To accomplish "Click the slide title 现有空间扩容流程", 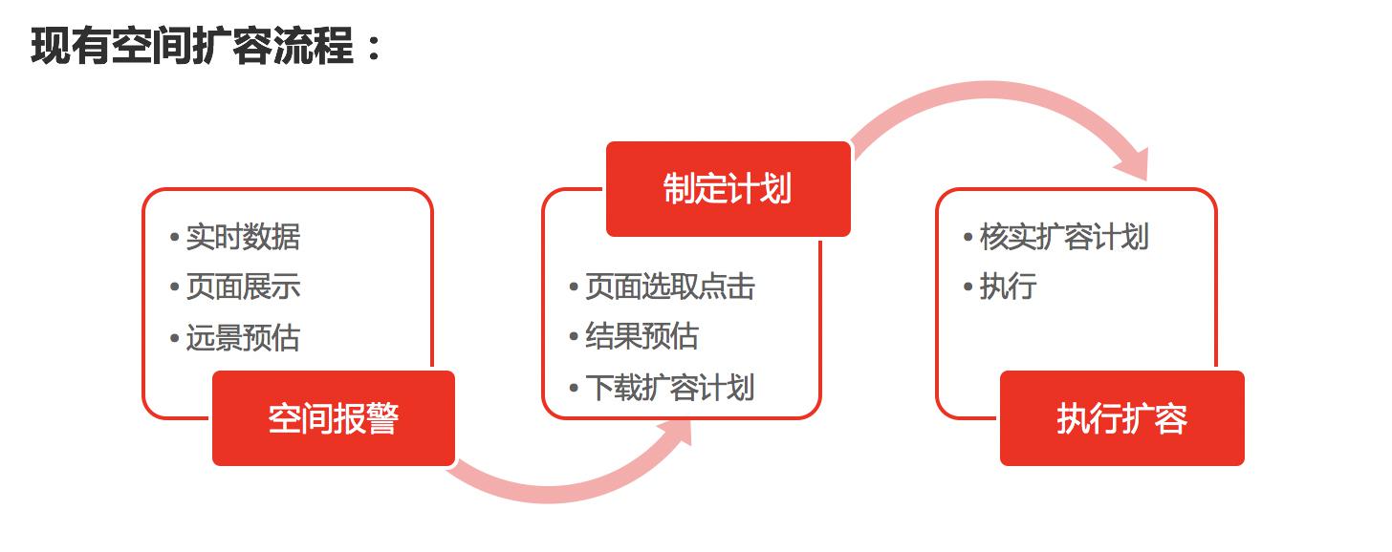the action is coord(192,46).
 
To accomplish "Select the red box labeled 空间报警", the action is coord(334,418).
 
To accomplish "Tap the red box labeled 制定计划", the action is coord(729,189).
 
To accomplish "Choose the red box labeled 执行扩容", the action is coord(1122,418).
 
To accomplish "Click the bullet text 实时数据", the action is coord(243,237).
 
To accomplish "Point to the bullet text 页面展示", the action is coord(243,287).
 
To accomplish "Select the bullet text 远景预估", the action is coord(243,338).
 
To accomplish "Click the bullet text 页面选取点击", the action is coord(670,287).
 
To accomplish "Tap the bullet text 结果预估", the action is coord(642,336).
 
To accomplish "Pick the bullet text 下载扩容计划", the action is coord(670,388).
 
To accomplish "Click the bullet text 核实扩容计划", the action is coord(1064,237).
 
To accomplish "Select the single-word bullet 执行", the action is coord(1008,287).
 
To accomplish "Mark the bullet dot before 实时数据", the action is coord(175,237).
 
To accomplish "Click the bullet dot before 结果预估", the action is coord(574,337).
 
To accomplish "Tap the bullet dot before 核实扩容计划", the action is coord(968,237).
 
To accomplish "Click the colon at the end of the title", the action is coord(374,48).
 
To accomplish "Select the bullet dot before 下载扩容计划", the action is coord(574,388).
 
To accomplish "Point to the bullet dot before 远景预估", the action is coord(175,338).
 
